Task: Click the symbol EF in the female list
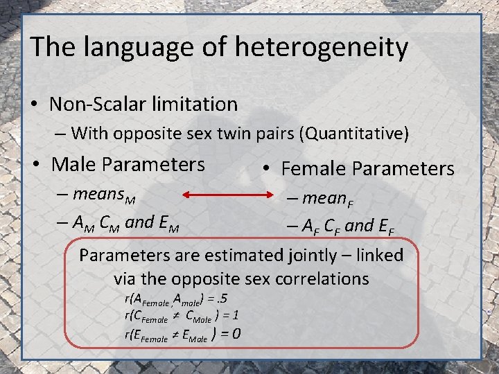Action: [x=387, y=226]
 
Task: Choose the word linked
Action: [x=377, y=255]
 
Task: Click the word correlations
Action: [x=322, y=279]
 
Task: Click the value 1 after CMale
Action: [x=236, y=316]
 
